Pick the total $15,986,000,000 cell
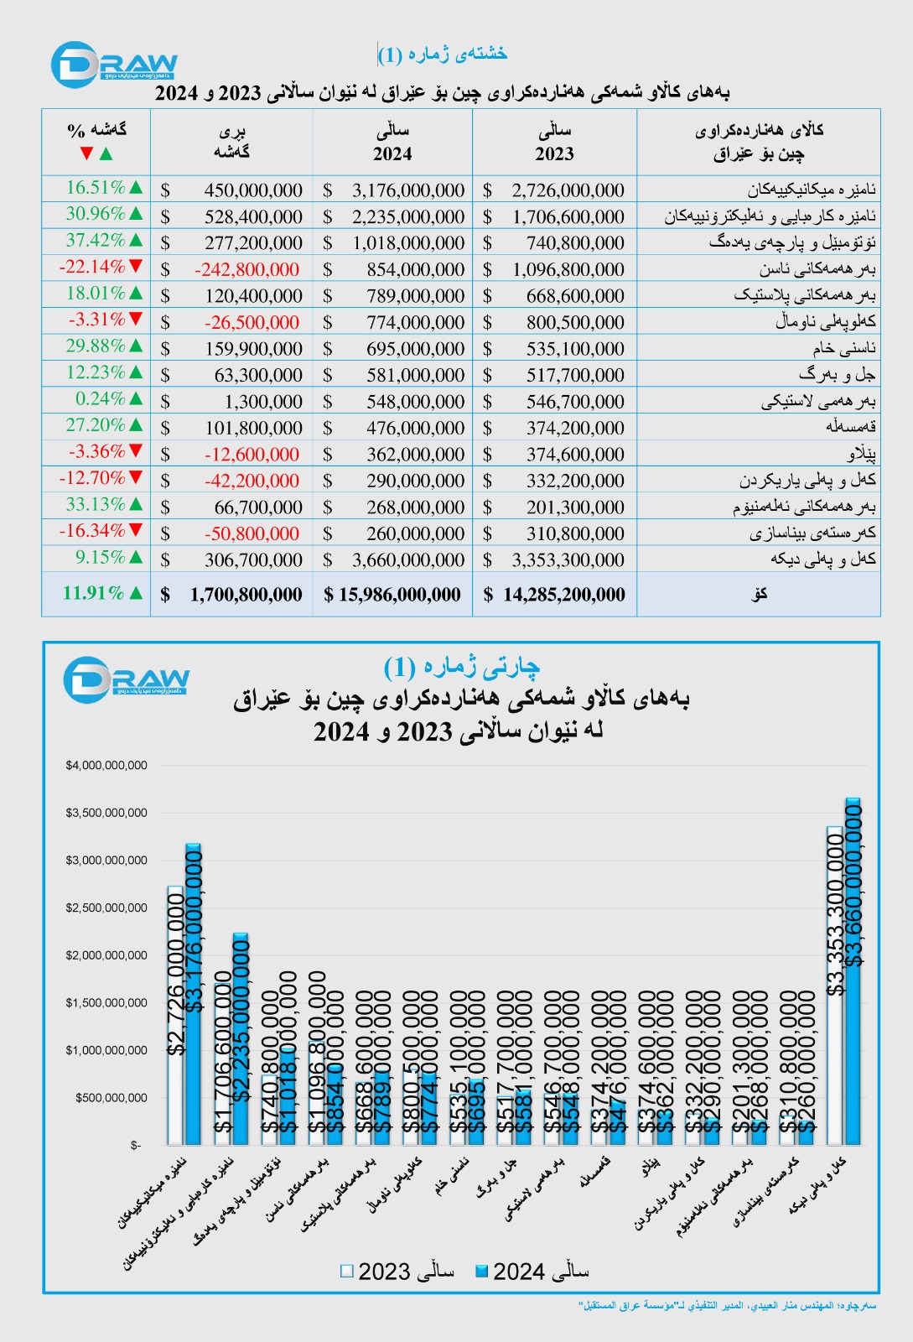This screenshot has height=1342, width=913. (x=392, y=595)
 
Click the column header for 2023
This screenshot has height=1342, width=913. (x=554, y=142)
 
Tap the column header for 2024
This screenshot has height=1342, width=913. (x=392, y=142)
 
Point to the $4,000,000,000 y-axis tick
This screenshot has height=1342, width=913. (x=106, y=765)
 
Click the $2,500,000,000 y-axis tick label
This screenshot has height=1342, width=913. (x=106, y=908)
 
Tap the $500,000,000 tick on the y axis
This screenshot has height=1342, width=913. (x=112, y=1097)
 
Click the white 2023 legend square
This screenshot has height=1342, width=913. (x=346, y=1272)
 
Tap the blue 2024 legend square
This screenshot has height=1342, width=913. (x=481, y=1272)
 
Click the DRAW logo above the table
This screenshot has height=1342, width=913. (x=113, y=65)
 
